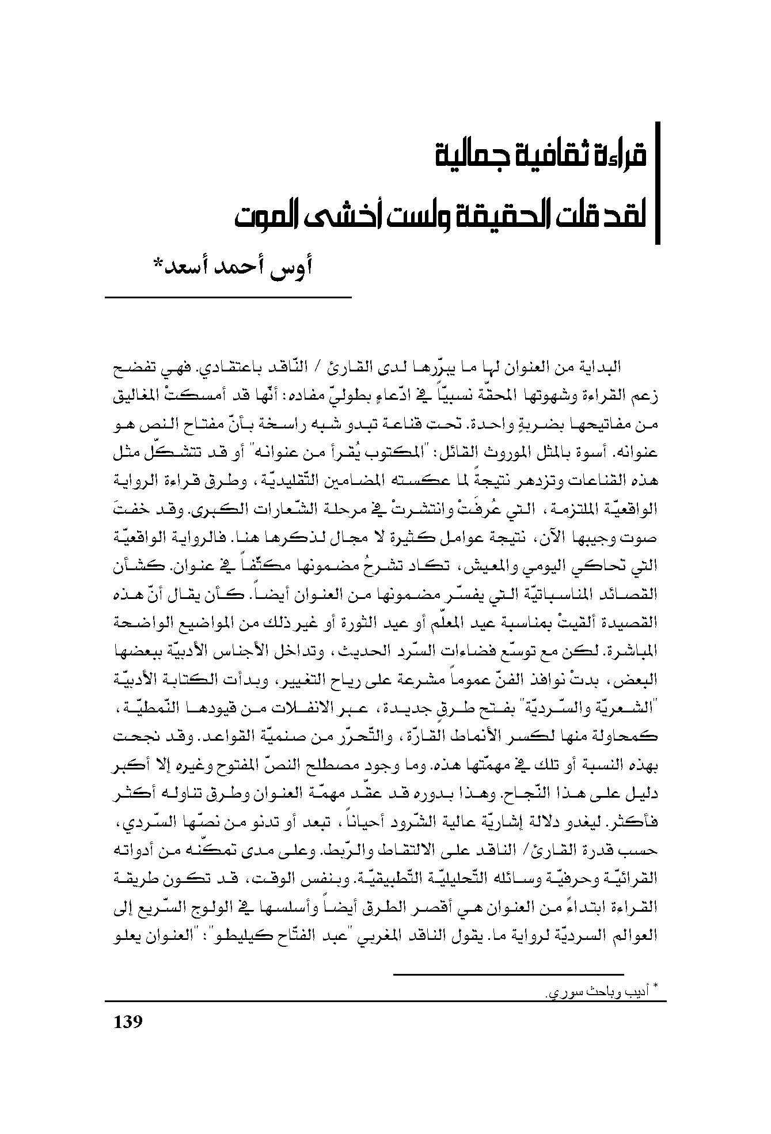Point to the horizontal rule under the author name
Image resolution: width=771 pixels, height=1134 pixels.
(228, 297)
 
